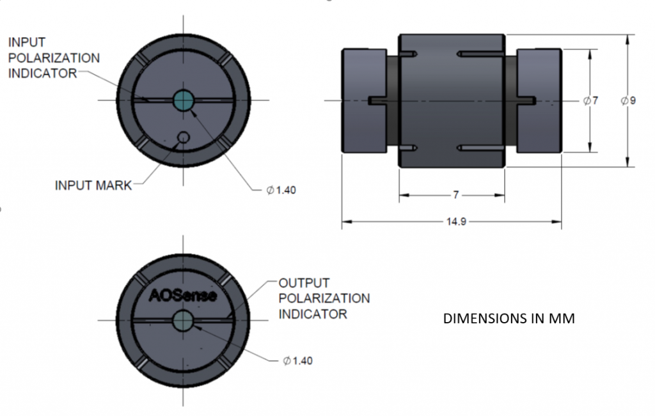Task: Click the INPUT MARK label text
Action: (x=93, y=186)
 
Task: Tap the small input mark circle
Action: (x=184, y=137)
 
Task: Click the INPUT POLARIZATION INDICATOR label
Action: (x=54, y=58)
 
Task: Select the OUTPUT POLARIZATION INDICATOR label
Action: (x=324, y=298)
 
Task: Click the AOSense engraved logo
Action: (x=183, y=295)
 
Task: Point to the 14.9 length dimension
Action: (x=451, y=222)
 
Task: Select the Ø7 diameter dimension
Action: (x=591, y=101)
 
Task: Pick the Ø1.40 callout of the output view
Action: (x=297, y=361)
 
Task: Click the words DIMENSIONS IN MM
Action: (x=509, y=318)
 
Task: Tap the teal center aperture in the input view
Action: (x=184, y=99)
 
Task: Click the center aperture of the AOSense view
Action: (x=183, y=320)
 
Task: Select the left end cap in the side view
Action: (x=364, y=100)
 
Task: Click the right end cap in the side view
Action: (x=539, y=100)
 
